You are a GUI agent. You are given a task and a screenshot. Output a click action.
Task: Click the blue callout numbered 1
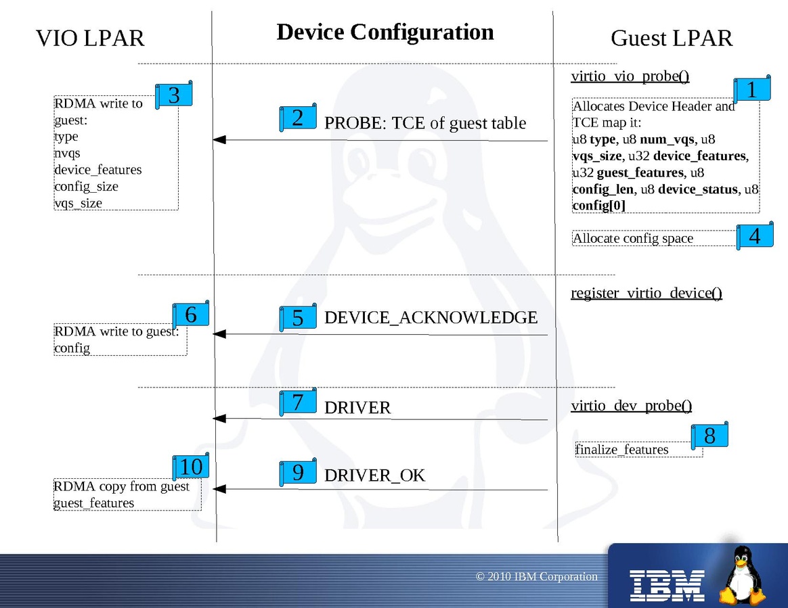pos(751,89)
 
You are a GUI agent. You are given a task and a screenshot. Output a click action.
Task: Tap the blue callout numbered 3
pos(174,95)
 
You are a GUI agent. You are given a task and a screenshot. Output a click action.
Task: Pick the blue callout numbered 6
pos(191,314)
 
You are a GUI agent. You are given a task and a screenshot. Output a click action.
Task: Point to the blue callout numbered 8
pos(709,436)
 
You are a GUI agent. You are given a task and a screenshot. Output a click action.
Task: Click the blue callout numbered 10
pos(191,467)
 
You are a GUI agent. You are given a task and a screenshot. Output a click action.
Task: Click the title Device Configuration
pos(385,32)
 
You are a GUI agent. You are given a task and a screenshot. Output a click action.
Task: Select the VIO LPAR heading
pos(90,38)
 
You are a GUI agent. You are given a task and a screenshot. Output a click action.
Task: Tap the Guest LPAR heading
pos(672,38)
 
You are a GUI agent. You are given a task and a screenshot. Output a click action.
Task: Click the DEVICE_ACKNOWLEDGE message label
pos(431,317)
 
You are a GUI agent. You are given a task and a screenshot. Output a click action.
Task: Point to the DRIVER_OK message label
pos(374,475)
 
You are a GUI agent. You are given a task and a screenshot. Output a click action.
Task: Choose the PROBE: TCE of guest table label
pos(425,123)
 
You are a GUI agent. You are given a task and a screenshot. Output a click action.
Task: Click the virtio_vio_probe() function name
pos(630,76)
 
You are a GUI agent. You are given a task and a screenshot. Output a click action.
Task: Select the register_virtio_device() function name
pos(647,293)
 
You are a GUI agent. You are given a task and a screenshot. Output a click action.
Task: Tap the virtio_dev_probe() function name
pos(632,406)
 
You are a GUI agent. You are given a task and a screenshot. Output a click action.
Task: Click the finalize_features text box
pos(622,450)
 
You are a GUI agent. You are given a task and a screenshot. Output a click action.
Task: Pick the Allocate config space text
pos(633,238)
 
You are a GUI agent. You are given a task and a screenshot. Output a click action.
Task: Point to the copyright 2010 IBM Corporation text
pos(537,577)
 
